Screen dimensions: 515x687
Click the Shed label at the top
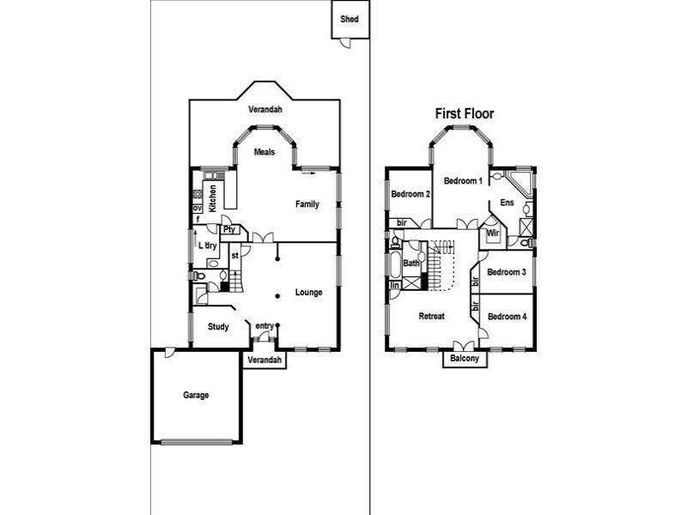click(x=350, y=19)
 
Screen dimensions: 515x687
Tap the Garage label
click(x=196, y=396)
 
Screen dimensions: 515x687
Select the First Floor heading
click(x=464, y=113)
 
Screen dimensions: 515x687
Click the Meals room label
click(x=264, y=152)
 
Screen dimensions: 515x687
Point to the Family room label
click(x=307, y=204)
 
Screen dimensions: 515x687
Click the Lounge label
click(x=308, y=293)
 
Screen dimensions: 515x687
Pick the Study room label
click(x=218, y=326)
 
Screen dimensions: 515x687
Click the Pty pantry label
click(x=228, y=230)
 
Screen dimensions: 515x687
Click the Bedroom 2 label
click(x=410, y=195)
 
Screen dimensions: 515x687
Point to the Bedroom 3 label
click(x=506, y=272)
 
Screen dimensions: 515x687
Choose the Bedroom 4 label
click(x=506, y=317)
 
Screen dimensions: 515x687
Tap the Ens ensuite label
click(x=507, y=204)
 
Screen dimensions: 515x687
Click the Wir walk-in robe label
click(x=493, y=233)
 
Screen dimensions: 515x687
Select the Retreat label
click(x=431, y=317)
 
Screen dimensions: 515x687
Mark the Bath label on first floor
click(x=411, y=264)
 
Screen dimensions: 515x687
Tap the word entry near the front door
click(x=264, y=324)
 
